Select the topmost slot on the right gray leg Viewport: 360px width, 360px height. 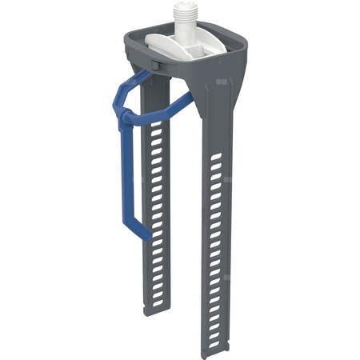pyautogui.click(x=216, y=161)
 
